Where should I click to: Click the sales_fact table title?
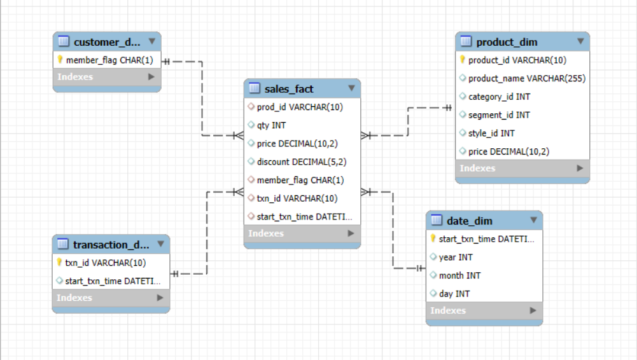[289, 88]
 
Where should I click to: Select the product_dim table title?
[507, 42]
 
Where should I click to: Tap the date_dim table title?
[470, 221]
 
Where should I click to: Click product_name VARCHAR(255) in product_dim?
[526, 78]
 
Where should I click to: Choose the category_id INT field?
[499, 97]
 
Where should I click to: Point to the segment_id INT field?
[499, 115]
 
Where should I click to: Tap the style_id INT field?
[491, 134]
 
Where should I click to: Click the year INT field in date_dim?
[456, 258]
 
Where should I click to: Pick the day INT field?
[454, 294]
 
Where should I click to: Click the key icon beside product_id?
[463, 60]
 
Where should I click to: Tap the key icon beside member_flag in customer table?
[60, 60]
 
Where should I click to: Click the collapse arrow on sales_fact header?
[351, 88]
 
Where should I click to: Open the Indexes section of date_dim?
[484, 310]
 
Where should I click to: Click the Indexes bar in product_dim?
[522, 168]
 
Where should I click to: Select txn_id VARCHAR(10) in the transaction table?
[105, 263]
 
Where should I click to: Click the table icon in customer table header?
[64, 42]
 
